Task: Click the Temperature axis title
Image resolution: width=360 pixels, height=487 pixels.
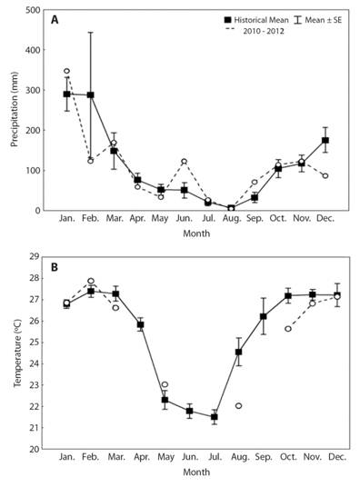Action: (14, 354)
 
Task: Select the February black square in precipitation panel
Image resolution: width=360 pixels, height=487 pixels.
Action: (90, 95)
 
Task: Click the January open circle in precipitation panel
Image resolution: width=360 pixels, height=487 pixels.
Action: (66, 71)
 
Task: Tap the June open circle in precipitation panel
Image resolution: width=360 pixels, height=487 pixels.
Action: (184, 162)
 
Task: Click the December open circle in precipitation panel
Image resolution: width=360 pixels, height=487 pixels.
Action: (325, 175)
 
